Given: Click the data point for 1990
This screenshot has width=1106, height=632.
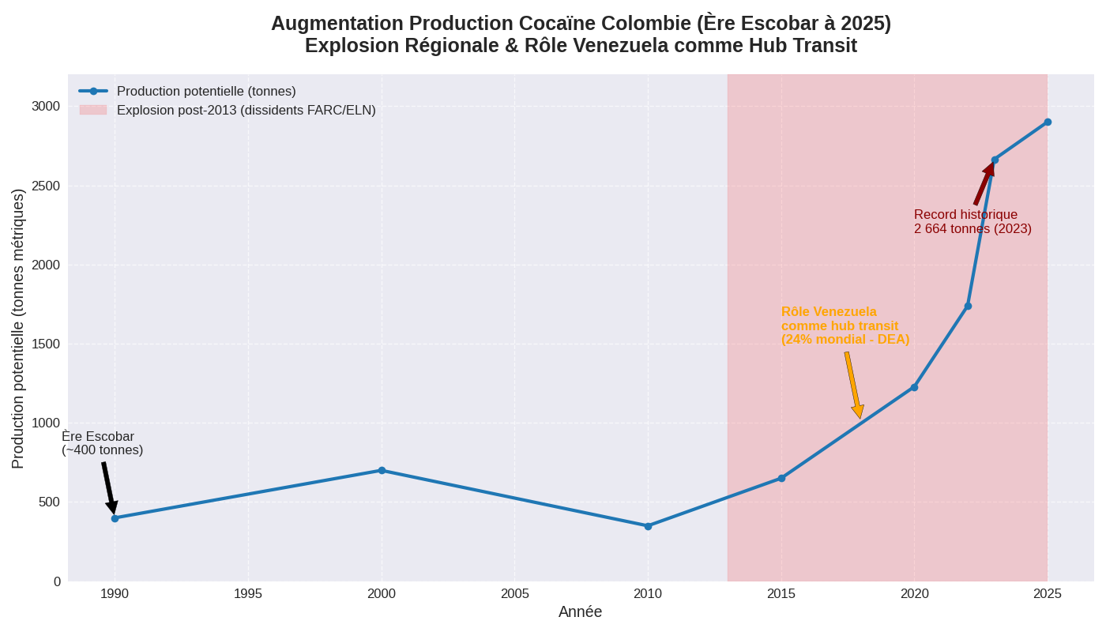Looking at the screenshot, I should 115,518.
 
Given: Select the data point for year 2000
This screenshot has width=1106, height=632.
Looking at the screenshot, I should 382,470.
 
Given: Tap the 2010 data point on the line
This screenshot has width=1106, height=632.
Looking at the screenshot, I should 648,526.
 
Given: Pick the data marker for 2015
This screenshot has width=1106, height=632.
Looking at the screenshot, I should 781,478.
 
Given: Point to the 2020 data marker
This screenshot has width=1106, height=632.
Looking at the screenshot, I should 914,387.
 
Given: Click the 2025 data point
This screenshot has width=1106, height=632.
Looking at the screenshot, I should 1048,122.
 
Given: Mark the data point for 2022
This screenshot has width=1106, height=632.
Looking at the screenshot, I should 968,306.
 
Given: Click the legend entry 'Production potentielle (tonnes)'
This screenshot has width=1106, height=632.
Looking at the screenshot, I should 206,92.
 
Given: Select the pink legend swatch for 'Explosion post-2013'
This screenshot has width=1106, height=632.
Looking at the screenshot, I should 93,111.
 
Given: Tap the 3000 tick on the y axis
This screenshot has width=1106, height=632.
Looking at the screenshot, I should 46,107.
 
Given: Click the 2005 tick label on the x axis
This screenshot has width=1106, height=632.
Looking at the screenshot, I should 515,594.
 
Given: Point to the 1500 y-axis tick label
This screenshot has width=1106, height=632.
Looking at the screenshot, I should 46,344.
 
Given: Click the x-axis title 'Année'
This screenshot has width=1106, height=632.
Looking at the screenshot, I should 580,612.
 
